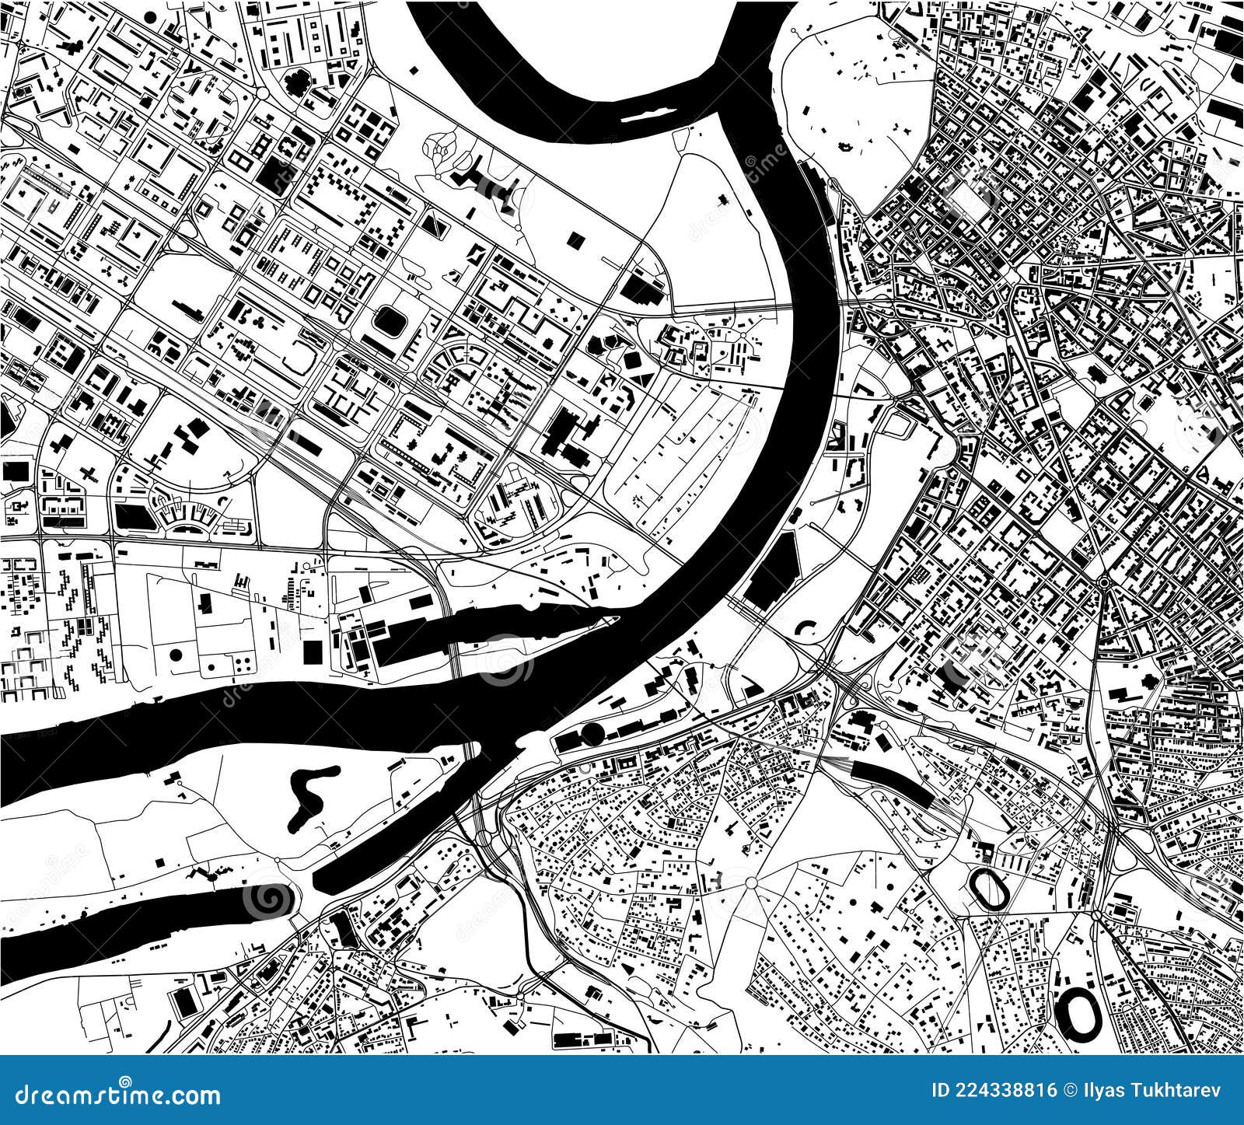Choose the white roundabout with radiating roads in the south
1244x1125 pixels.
pyautogui.click(x=751, y=882)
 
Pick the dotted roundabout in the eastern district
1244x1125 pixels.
pyautogui.click(x=1103, y=582)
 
